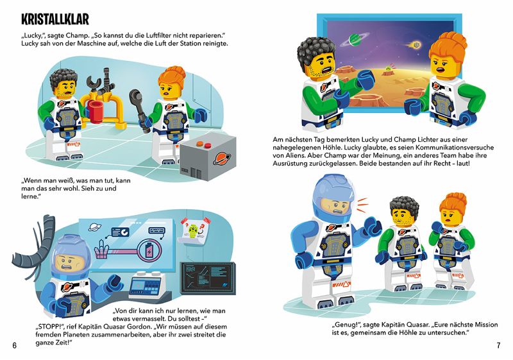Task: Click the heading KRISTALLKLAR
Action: (x=55, y=20)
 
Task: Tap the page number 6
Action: (x=14, y=346)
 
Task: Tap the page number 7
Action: (x=498, y=346)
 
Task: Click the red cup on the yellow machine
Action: (x=96, y=111)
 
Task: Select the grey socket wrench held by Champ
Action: (x=139, y=108)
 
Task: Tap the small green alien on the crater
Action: (x=388, y=69)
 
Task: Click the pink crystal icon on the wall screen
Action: (x=102, y=250)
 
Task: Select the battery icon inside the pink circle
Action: (x=149, y=252)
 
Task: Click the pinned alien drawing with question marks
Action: (x=196, y=230)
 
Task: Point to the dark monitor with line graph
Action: (x=208, y=278)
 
